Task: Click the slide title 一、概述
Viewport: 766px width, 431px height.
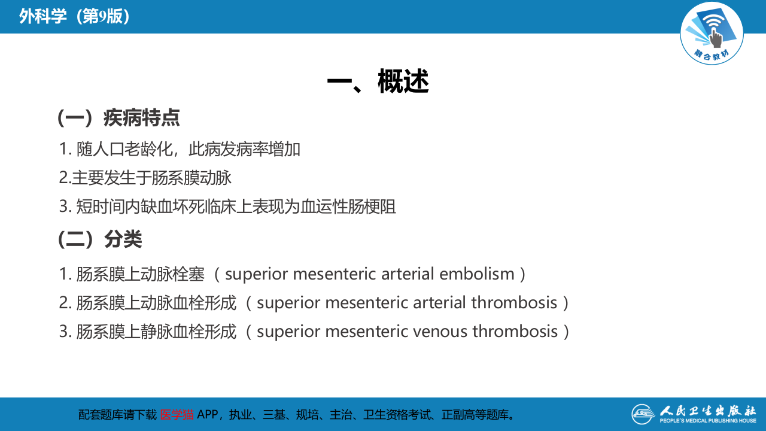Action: pos(378,81)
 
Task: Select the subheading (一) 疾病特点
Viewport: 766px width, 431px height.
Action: pos(118,117)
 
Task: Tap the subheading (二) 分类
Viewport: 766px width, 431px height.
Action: pos(100,239)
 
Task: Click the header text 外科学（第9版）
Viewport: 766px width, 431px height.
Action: pos(75,16)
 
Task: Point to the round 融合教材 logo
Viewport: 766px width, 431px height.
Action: pos(712,33)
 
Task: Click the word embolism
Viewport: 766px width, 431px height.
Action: pos(477,274)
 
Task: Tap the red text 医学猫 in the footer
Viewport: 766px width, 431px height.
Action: pos(177,414)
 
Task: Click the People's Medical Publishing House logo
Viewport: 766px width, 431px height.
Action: pos(694,414)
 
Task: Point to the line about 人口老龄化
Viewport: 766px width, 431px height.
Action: pos(180,149)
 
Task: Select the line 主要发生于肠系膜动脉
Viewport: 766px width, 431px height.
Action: pos(145,178)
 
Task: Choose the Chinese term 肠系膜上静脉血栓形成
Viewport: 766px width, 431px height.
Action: pos(156,331)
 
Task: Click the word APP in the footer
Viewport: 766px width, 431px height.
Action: pos(208,414)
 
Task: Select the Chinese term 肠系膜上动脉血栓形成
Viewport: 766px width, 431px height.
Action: pos(156,302)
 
